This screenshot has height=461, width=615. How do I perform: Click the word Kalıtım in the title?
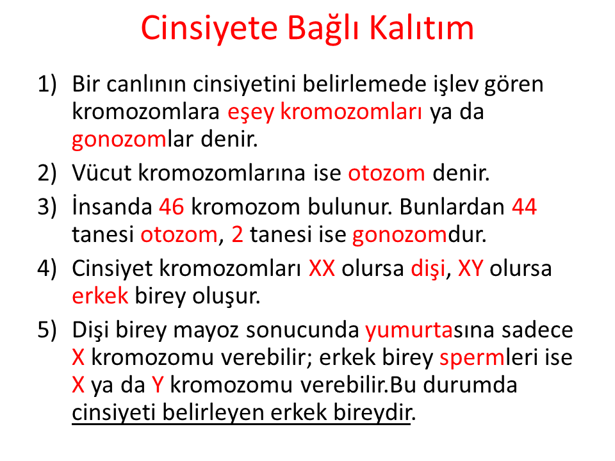click(x=422, y=28)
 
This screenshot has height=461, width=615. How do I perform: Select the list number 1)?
click(x=47, y=85)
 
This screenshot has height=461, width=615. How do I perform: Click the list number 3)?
click(x=47, y=207)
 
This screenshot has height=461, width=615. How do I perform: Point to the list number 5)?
click(x=47, y=330)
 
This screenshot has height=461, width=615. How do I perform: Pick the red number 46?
click(x=172, y=207)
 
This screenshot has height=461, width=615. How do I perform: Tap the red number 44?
click(x=524, y=207)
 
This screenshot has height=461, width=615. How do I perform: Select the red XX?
click(x=322, y=268)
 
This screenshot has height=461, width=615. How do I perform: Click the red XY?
click(x=470, y=268)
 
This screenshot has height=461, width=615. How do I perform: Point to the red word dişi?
click(x=428, y=270)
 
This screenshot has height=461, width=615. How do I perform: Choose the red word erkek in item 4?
click(x=100, y=296)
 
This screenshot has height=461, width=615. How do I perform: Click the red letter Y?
click(x=158, y=385)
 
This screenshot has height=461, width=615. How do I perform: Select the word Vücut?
click(x=102, y=172)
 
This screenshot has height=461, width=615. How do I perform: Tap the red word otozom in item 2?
click(x=386, y=174)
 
